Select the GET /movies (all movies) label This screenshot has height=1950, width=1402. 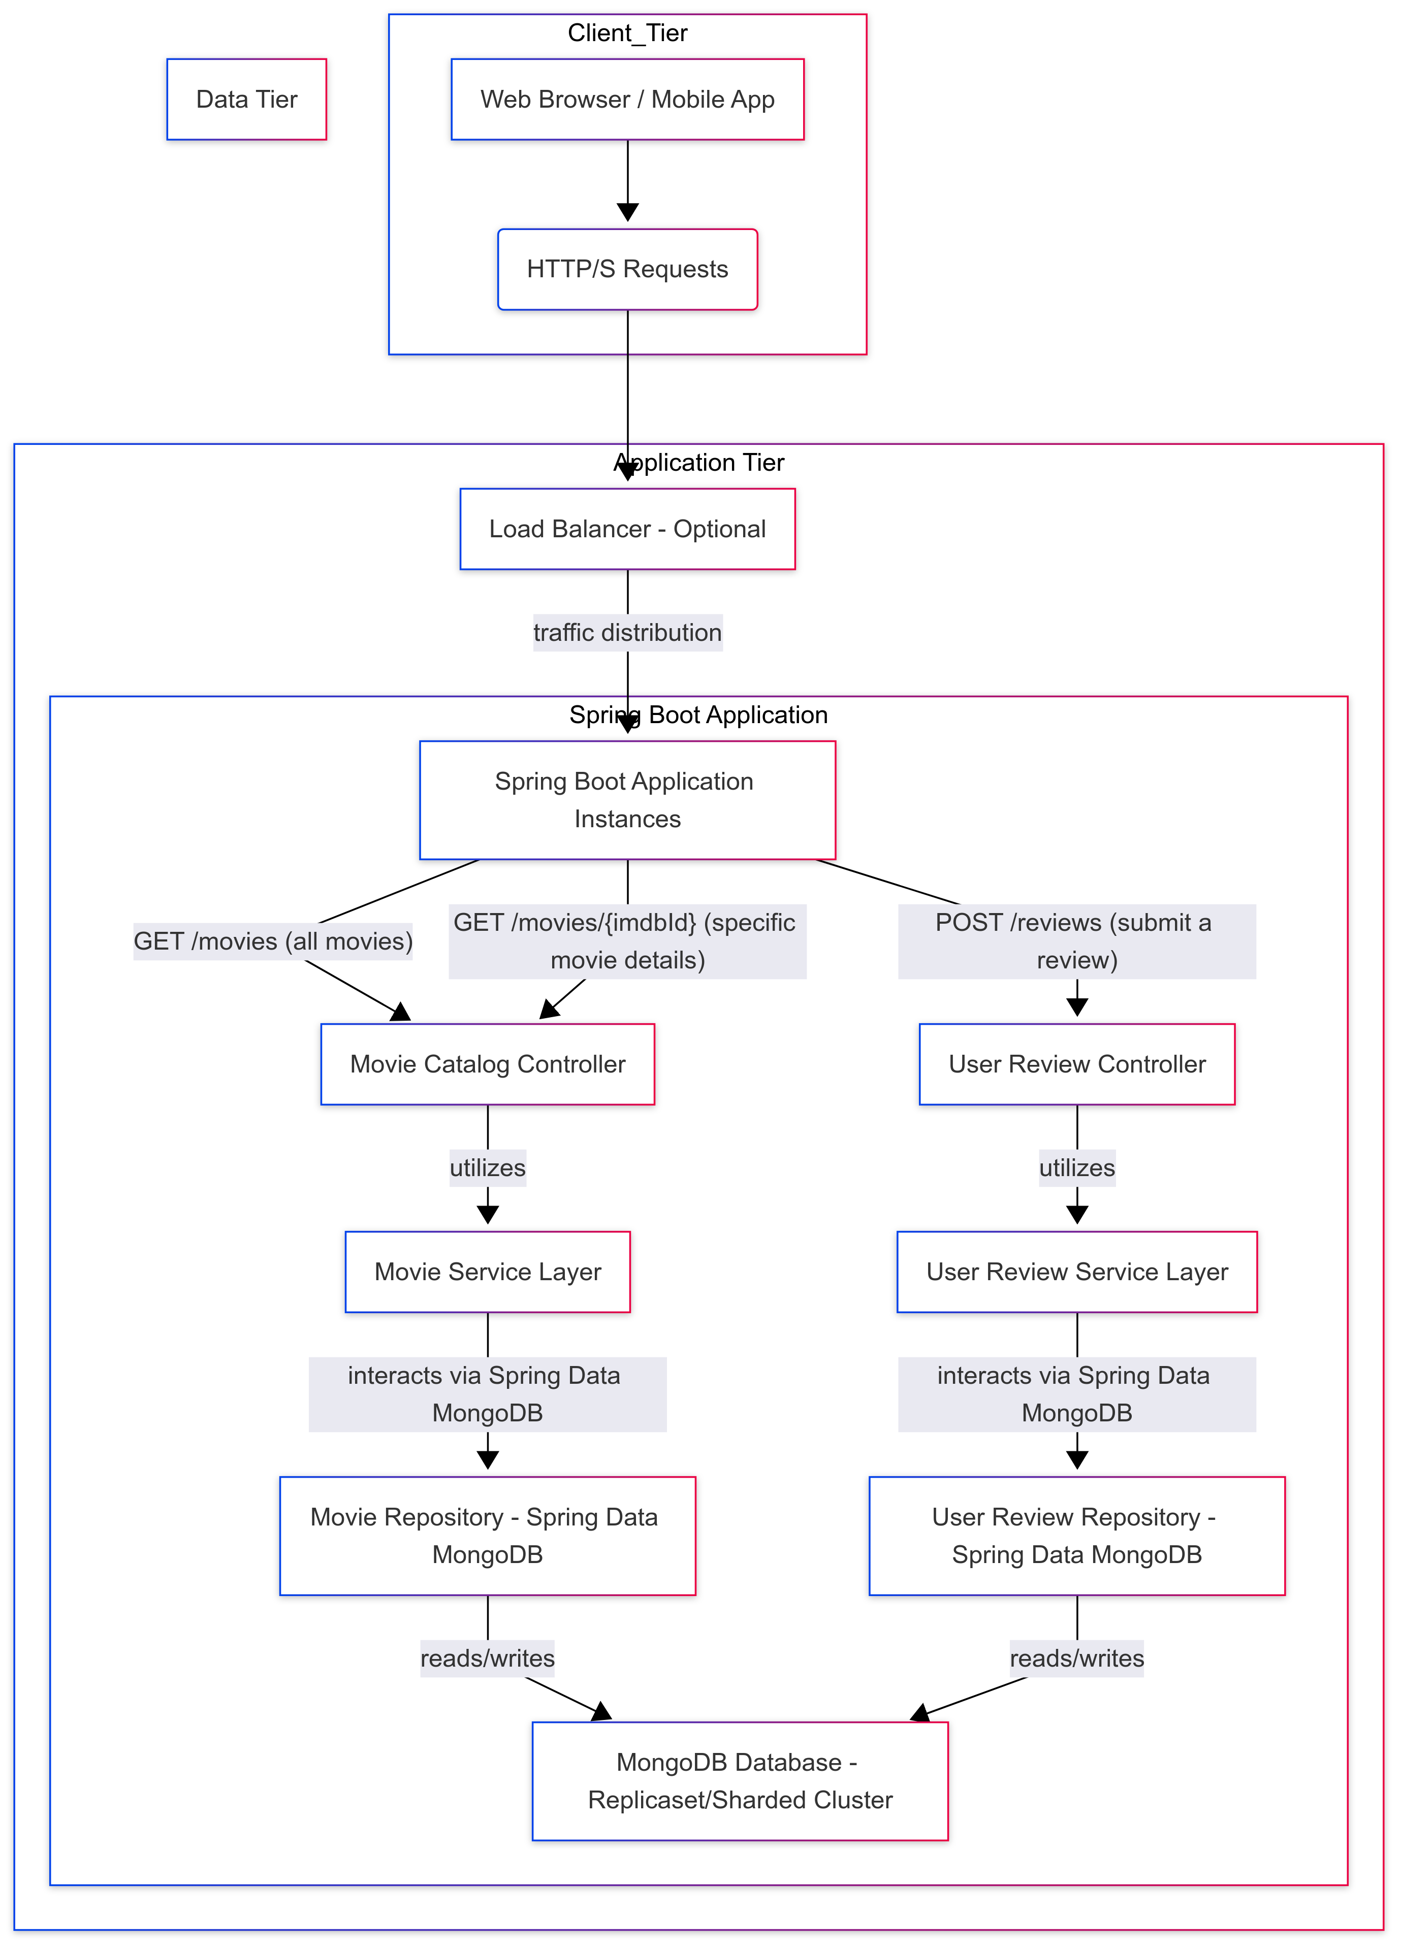pyautogui.click(x=273, y=941)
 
